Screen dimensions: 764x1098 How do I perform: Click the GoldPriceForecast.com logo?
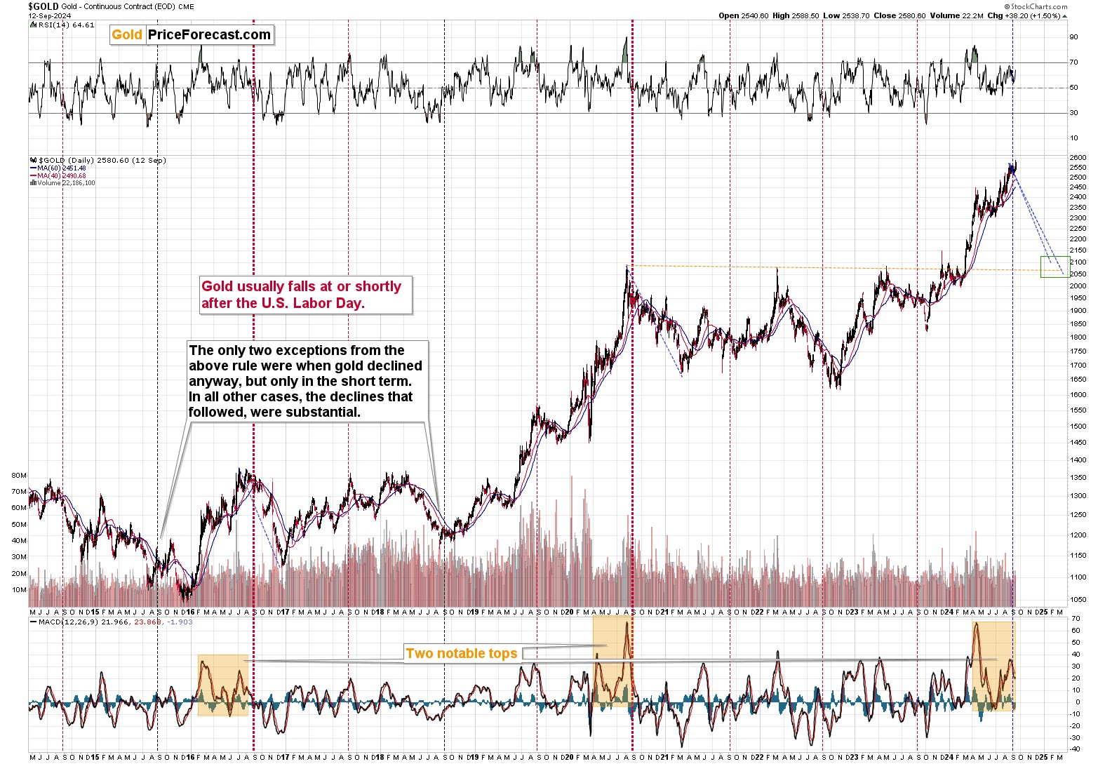tap(191, 35)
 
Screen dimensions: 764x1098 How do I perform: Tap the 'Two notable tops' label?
tap(462, 654)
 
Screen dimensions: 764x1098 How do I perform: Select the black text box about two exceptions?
tap(306, 381)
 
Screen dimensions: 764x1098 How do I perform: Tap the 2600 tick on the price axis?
tap(1077, 158)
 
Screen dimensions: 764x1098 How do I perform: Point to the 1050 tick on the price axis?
tap(1077, 600)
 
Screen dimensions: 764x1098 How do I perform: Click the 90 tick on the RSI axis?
tap(1073, 37)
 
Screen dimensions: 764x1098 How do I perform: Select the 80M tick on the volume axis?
tap(19, 476)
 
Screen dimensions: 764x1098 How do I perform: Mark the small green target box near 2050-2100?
tap(1055, 267)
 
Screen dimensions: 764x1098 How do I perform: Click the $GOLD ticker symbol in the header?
tap(43, 6)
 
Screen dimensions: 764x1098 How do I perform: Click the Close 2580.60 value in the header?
tap(900, 15)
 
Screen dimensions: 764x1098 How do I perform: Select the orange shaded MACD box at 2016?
tap(223, 685)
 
